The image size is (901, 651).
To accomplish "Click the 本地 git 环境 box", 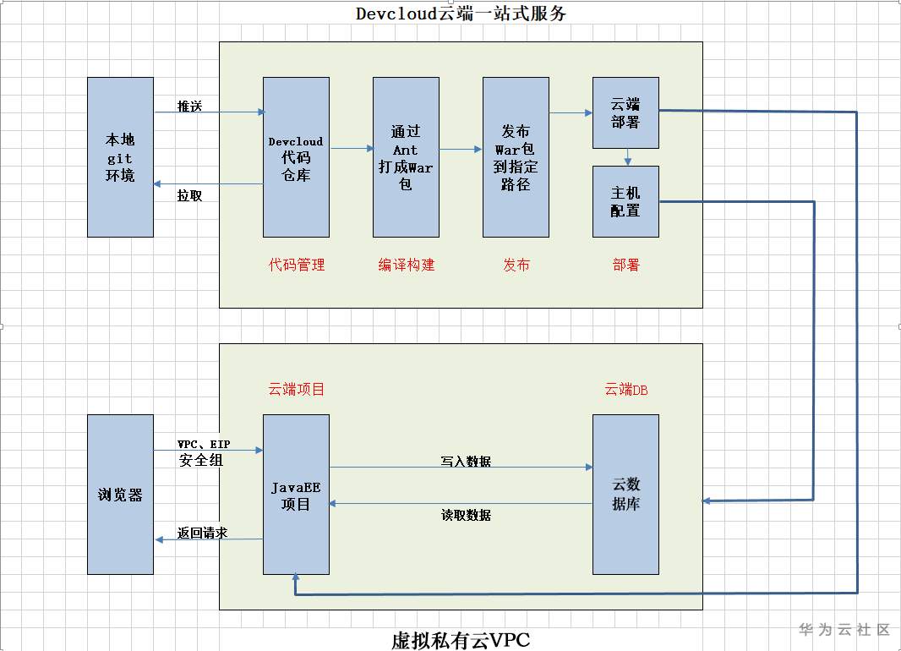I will tap(120, 157).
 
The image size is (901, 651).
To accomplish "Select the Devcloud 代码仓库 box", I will tap(296, 157).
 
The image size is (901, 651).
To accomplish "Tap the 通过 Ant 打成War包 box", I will tap(406, 157).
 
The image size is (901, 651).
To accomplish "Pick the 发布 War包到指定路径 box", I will tap(516, 157).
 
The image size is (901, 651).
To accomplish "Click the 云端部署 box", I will tap(625, 112).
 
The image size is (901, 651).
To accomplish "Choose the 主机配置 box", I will tap(625, 201).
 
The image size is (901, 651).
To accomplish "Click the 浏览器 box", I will tap(120, 495).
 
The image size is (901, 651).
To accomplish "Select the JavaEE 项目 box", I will tap(296, 495).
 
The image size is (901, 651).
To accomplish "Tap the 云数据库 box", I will tap(625, 495).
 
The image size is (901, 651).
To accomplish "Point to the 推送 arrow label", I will tap(189, 106).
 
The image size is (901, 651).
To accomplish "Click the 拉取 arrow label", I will tap(189, 195).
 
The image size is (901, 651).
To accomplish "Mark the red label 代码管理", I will tap(297, 265).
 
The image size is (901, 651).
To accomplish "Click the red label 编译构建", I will tap(407, 265).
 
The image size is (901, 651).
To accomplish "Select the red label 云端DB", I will tap(626, 390).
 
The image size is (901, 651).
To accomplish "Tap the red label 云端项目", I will tap(297, 390).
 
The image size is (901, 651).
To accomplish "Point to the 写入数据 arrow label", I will tap(466, 462).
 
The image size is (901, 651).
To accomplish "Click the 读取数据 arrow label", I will tap(466, 515).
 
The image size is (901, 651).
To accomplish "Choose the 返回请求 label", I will tap(202, 533).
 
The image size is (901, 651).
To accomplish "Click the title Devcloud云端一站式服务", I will tap(461, 14).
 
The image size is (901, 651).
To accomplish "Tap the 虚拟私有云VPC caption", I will tap(461, 640).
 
